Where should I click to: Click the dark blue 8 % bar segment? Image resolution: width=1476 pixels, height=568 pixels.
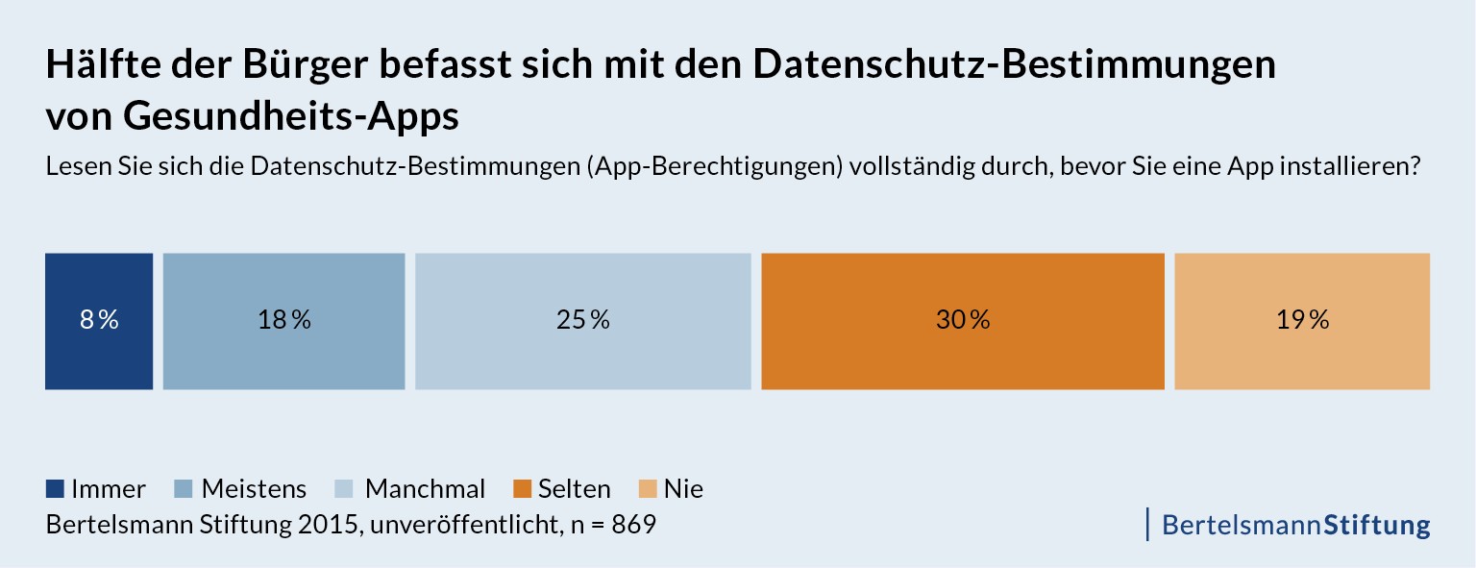point(99,321)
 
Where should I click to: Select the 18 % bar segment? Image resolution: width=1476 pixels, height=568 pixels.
point(284,321)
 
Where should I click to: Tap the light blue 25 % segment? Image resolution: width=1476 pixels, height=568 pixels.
point(583,321)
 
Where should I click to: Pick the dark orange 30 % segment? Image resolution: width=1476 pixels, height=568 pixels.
point(963,321)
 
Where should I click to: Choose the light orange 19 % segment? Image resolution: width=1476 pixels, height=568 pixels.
point(1302,321)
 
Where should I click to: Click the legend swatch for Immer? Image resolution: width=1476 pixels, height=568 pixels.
point(55,489)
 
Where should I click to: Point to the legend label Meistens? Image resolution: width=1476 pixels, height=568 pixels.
point(254,489)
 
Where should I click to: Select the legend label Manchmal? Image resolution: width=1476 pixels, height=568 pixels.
point(425,489)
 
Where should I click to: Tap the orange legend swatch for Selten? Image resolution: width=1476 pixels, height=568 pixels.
point(523,489)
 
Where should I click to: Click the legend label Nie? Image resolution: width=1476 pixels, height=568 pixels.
point(683,489)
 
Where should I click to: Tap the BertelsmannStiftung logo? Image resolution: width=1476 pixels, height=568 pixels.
point(1295,525)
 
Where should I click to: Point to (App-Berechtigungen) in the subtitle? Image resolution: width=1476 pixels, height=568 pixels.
point(717,166)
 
